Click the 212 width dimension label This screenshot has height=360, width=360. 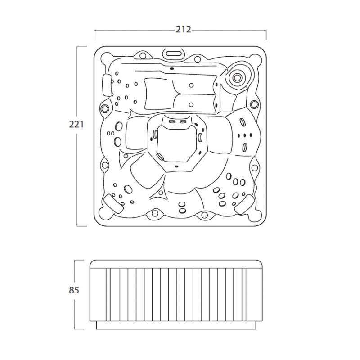183,30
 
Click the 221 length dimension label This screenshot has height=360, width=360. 76,125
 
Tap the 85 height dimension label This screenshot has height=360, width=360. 74,290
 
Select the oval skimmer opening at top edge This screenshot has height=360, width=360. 174,54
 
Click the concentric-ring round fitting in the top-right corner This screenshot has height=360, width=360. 237,77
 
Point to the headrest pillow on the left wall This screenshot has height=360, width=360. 108,85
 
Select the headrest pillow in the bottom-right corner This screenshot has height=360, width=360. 245,205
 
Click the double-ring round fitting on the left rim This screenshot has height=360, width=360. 105,108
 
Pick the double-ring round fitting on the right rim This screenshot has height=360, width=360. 254,104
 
